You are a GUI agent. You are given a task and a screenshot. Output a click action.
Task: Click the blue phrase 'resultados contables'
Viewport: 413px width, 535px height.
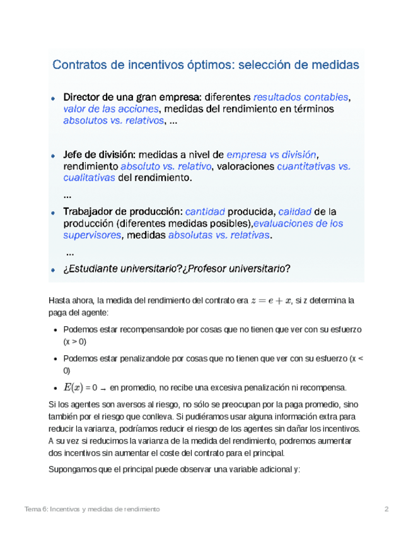(300, 97)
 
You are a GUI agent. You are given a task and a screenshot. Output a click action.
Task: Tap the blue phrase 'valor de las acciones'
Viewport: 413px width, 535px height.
(112, 109)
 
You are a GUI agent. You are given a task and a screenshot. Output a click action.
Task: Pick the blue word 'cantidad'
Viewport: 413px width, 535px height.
(205, 211)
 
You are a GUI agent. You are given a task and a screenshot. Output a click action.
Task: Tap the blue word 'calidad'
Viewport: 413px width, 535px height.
(294, 211)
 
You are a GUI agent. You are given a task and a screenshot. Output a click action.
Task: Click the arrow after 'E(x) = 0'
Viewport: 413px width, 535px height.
(103, 388)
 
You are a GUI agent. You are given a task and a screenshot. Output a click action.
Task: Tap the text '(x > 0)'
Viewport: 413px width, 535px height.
(74, 341)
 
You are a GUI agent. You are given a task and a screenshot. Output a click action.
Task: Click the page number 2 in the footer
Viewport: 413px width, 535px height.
(387, 509)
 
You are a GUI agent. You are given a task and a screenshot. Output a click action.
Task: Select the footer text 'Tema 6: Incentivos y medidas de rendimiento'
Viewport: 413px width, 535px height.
(91, 509)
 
